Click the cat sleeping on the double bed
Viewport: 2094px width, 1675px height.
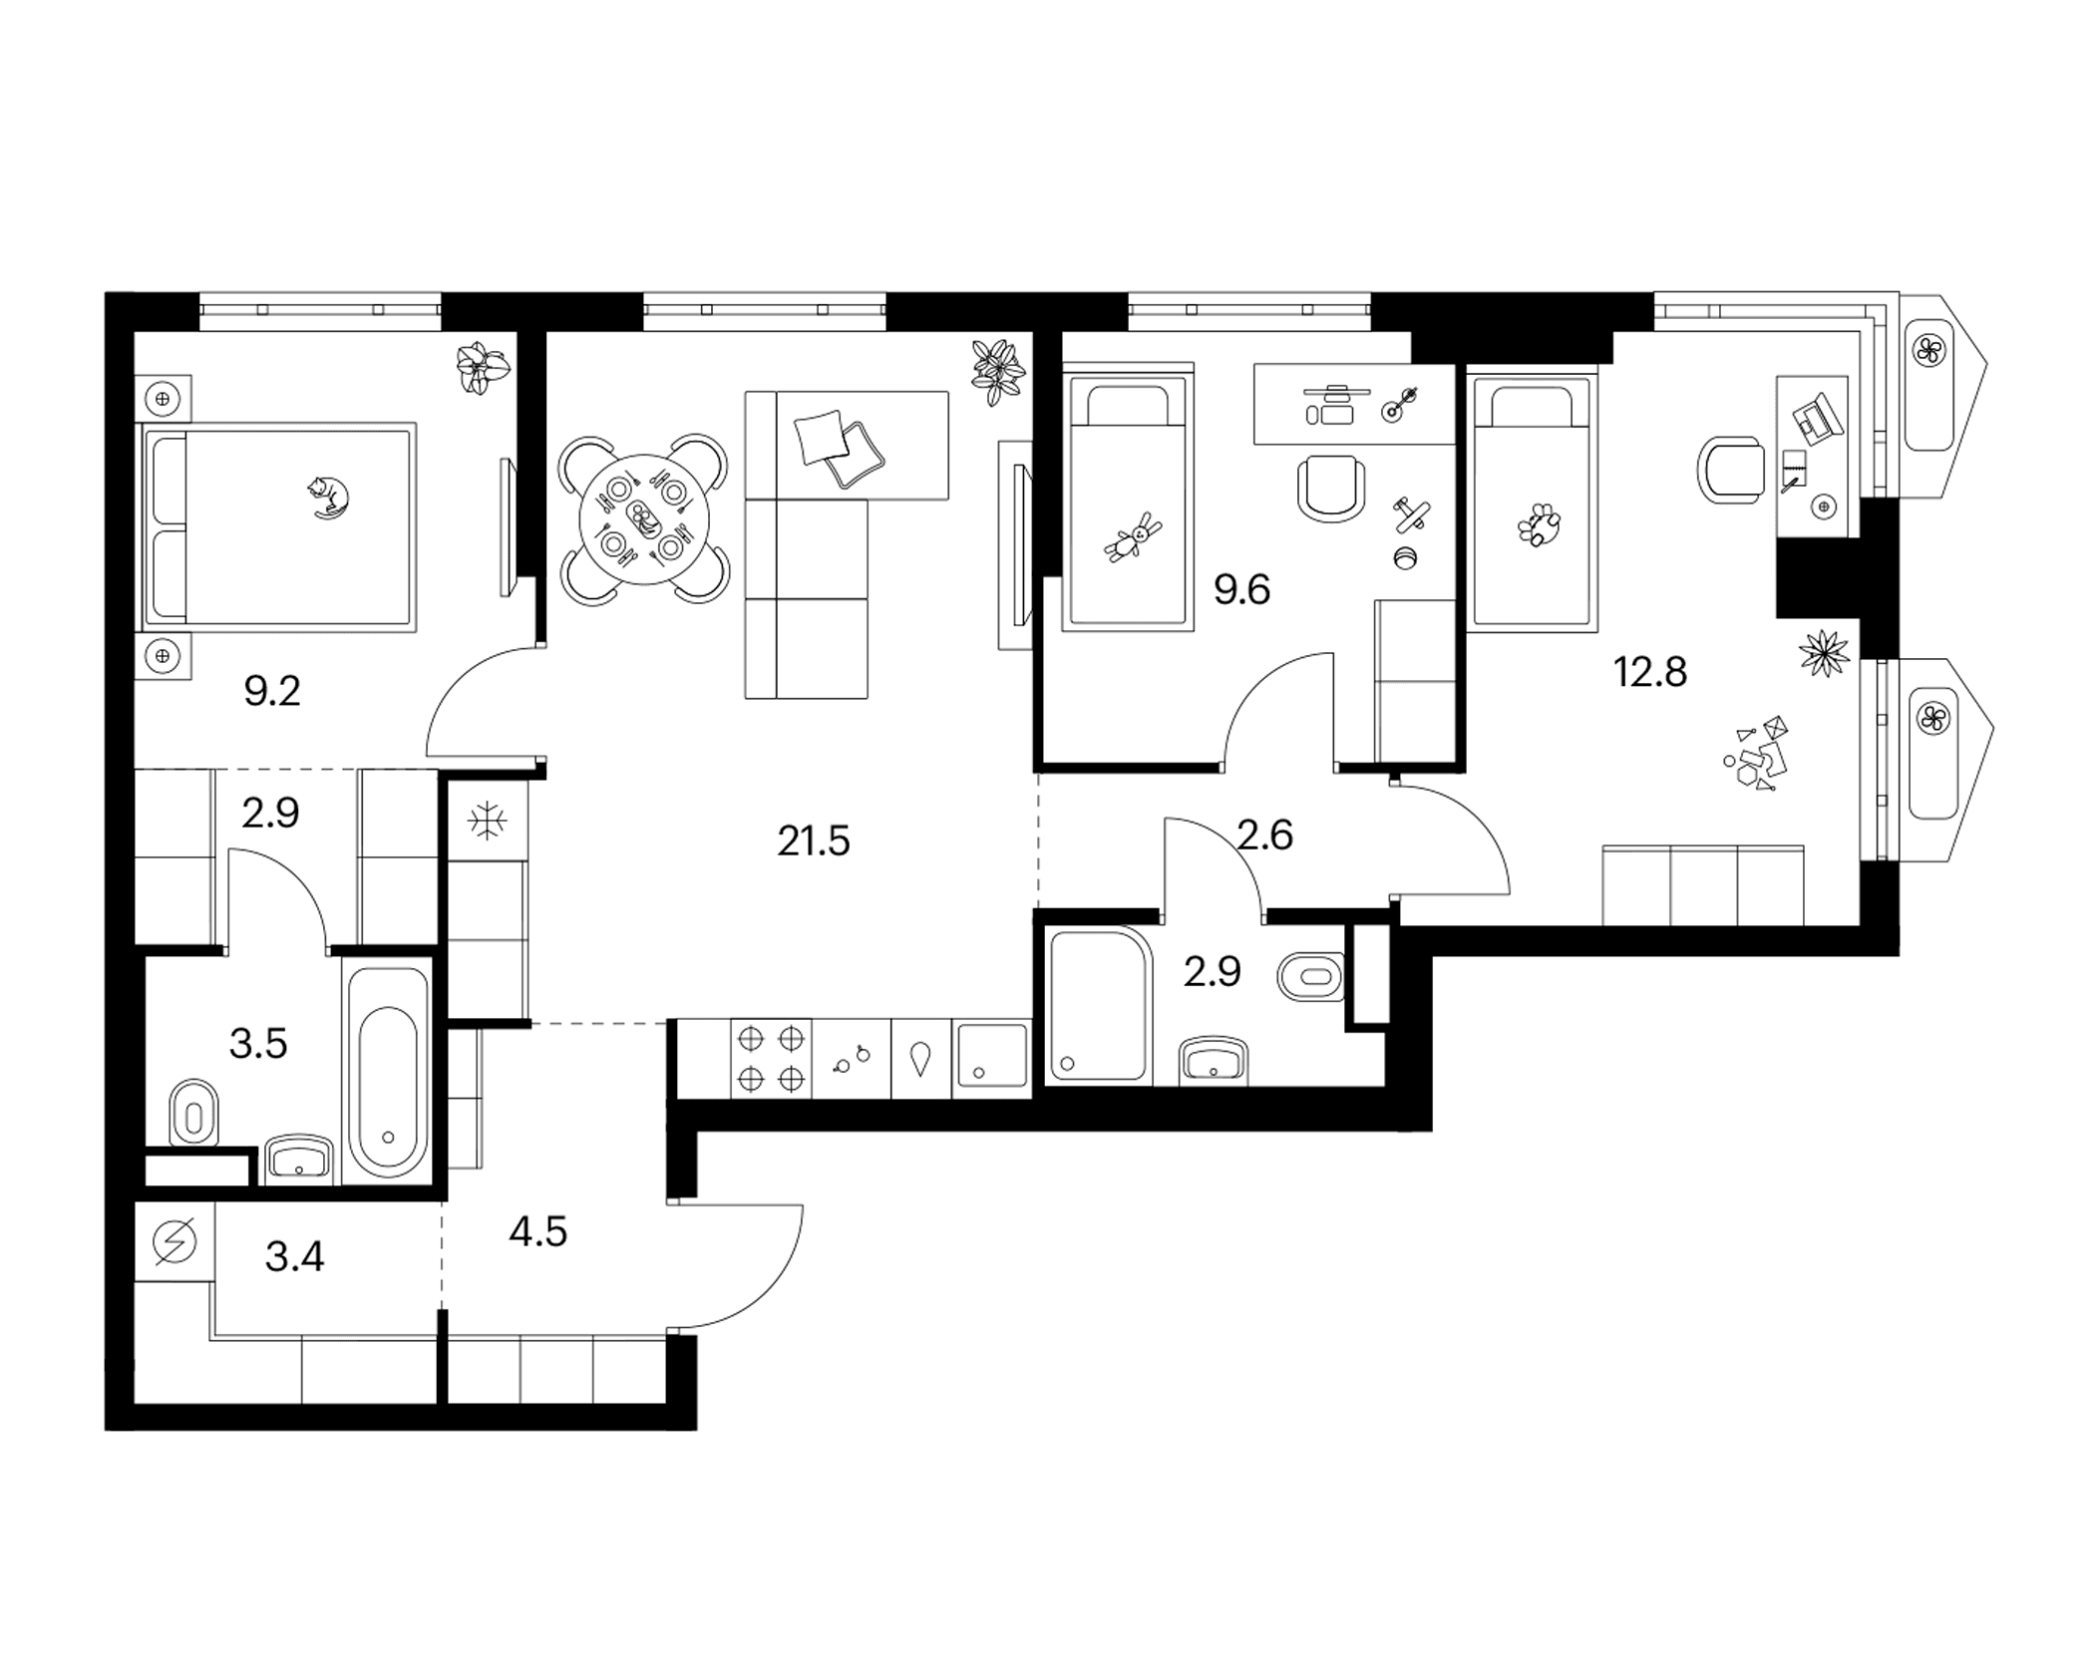click(328, 498)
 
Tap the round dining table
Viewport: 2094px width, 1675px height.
click(645, 519)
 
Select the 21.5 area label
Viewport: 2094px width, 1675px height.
click(814, 842)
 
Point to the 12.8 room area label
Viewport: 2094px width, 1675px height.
click(1650, 673)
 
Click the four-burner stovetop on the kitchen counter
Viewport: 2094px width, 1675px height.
click(771, 1059)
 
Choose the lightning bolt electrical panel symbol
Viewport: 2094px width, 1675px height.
click(174, 1242)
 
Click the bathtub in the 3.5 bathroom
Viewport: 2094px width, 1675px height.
click(388, 1072)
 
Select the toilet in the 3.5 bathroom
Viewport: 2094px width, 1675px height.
click(194, 1112)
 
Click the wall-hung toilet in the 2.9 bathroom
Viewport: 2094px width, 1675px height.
click(1310, 976)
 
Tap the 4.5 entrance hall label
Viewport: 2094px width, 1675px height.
click(537, 1233)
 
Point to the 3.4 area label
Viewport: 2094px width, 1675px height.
click(294, 1257)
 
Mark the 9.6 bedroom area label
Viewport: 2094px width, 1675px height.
click(1241, 591)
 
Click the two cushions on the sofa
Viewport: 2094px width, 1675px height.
click(839, 449)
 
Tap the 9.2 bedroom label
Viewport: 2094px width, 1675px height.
click(272, 691)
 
